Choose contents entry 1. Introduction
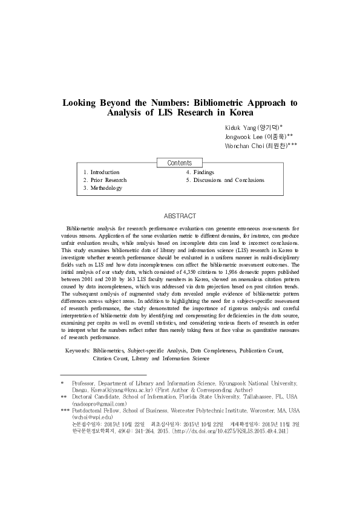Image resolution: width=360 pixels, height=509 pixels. coord(102,172)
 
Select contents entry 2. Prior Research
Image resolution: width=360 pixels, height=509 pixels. coord(105,180)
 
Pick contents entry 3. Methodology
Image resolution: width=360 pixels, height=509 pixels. coord(103,188)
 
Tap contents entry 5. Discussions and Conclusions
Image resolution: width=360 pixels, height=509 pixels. coord(225,180)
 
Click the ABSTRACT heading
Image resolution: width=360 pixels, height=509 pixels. coord(180,216)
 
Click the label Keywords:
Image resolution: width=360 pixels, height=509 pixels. coord(77,350)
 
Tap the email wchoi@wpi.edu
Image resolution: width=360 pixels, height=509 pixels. coord(92,417)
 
